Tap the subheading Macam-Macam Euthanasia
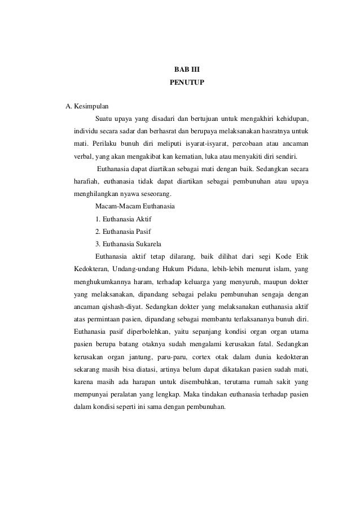(x=135, y=206)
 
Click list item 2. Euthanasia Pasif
(x=123, y=232)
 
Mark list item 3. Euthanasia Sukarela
(x=128, y=244)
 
